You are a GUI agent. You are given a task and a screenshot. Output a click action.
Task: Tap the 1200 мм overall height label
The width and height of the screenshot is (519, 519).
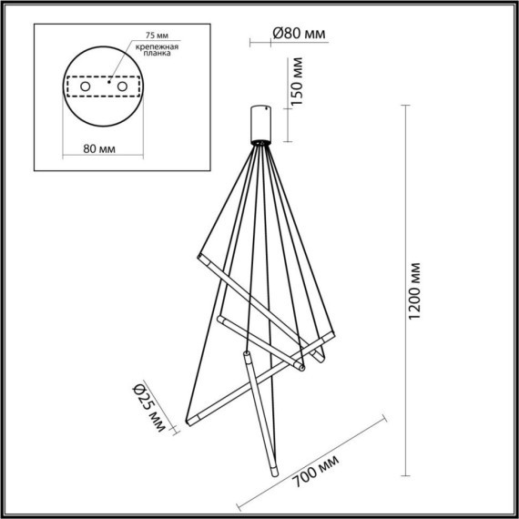416,290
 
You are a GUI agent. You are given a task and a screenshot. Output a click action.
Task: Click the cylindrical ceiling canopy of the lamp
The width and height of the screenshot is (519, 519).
261,122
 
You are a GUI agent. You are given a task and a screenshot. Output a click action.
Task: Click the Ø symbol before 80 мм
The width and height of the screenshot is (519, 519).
277,35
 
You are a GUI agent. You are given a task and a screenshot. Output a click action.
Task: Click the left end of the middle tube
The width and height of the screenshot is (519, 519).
221,319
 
